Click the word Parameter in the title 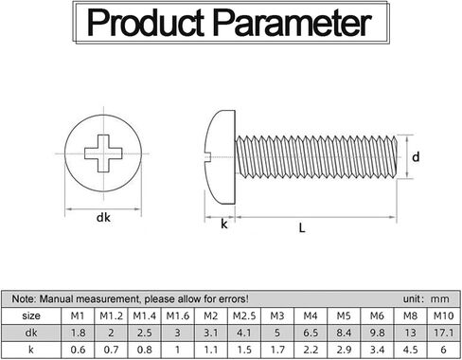[292, 23]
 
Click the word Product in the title [146, 22]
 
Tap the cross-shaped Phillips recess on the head [103, 153]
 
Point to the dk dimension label [103, 217]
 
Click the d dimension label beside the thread [416, 156]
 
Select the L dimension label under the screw [302, 227]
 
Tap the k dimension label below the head [224, 224]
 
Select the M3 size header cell [277, 315]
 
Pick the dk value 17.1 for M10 [443, 333]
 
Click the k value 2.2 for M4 [311, 350]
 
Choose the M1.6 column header [178, 315]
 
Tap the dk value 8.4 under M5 [344, 333]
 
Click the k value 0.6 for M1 [78, 350]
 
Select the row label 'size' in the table [31, 315]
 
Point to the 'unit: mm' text [426, 298]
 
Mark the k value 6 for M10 [443, 350]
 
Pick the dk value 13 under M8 [410, 333]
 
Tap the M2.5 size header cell [244, 315]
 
